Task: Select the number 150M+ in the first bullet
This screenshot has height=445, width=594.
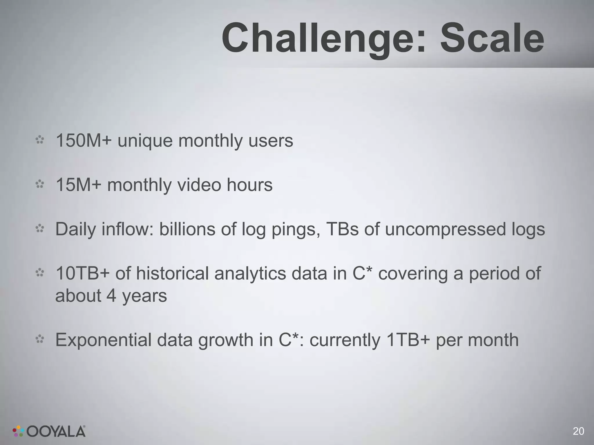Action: pos(84,141)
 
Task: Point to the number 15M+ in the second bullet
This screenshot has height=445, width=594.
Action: pos(79,185)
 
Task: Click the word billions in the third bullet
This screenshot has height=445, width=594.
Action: pos(187,229)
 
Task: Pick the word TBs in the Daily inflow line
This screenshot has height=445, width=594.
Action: pos(343,229)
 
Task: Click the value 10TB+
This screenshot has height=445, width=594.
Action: pos(83,273)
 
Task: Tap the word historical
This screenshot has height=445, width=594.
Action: pos(172,273)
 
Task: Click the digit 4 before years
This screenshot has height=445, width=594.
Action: pos(111,296)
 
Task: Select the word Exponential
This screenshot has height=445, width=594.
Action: pos(103,340)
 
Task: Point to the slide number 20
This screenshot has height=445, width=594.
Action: pos(578,431)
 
